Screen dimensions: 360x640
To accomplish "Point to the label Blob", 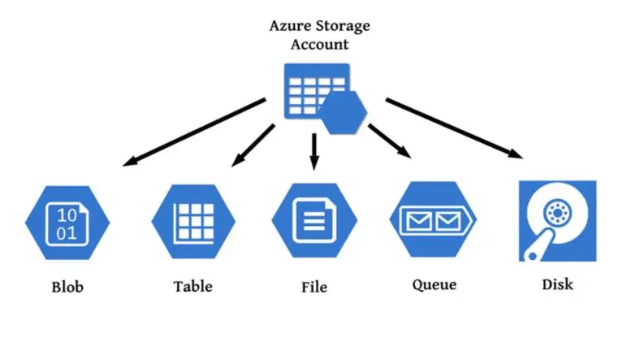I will coord(67,287).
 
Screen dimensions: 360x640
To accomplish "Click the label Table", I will coord(193,286).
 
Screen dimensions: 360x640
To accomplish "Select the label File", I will coord(314,286).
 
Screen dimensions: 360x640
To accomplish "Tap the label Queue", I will coord(434,285).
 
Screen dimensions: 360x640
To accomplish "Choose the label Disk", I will coord(556,285).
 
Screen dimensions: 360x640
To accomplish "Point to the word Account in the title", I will coord(319,44).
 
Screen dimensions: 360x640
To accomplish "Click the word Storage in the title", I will coord(342,25).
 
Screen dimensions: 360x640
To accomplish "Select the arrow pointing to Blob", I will coord(194,132).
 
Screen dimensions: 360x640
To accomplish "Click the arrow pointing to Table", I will coord(253,145).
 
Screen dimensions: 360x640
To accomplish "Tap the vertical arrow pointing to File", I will coord(314,150).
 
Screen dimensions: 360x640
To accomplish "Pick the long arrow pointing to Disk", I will coord(452,128).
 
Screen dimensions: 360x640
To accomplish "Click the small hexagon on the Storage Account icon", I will coord(342,112).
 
